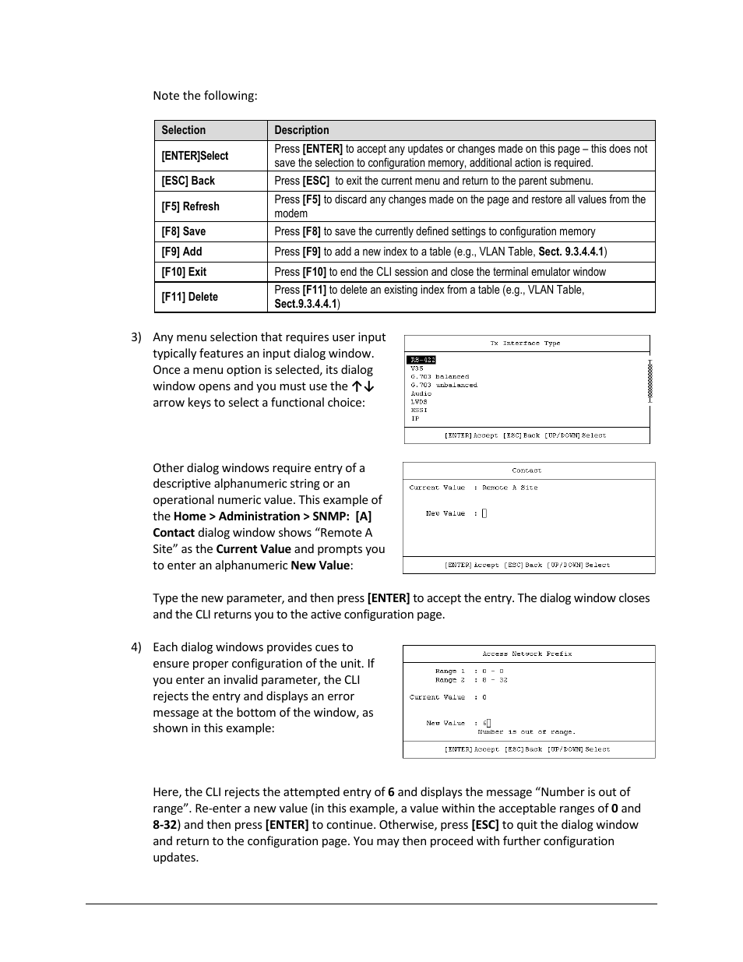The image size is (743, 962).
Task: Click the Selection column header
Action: coord(184,130)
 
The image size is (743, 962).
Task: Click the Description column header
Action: coord(301,130)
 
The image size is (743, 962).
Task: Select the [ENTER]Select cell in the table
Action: coord(195,156)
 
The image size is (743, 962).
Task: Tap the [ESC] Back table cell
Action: coord(188,181)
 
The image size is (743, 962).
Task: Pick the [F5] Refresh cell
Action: coord(190,206)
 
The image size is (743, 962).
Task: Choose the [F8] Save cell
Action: coord(184,231)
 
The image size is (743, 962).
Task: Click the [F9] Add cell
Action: coord(181,252)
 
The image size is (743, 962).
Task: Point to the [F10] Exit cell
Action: coord(184,272)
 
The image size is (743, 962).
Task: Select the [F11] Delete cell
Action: coord(189,297)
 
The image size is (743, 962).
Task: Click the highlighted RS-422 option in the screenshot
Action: coord(421,360)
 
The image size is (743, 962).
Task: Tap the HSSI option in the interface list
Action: coord(418,410)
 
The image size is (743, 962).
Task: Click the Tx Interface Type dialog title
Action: coord(525,343)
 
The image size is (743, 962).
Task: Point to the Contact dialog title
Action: coord(526,470)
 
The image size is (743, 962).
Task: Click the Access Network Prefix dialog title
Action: coord(526,654)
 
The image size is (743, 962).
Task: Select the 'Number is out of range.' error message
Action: coord(526,732)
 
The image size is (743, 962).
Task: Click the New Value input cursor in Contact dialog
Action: coord(484,513)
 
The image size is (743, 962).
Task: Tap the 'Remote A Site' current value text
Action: coord(509,488)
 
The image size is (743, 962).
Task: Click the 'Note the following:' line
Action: coord(205,96)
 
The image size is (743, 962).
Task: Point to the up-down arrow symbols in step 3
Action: coord(363,386)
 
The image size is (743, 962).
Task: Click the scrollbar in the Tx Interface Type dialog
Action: coord(650,382)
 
